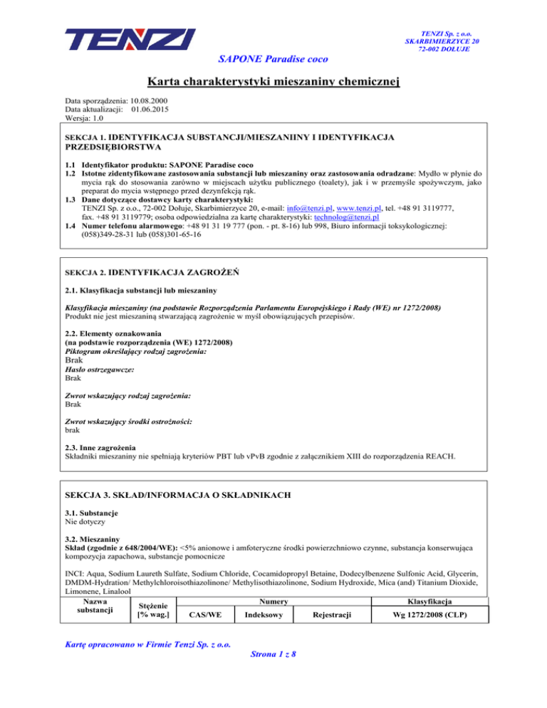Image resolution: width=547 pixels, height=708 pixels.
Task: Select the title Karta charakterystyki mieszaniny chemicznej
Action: point(273,83)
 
